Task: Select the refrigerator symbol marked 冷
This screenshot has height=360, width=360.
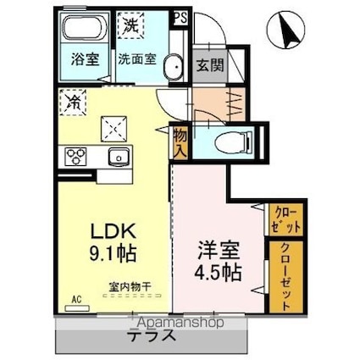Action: [71, 103]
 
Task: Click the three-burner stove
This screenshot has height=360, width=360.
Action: [75, 156]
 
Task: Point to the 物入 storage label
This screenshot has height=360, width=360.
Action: [180, 141]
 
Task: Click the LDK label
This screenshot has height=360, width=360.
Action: [110, 230]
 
